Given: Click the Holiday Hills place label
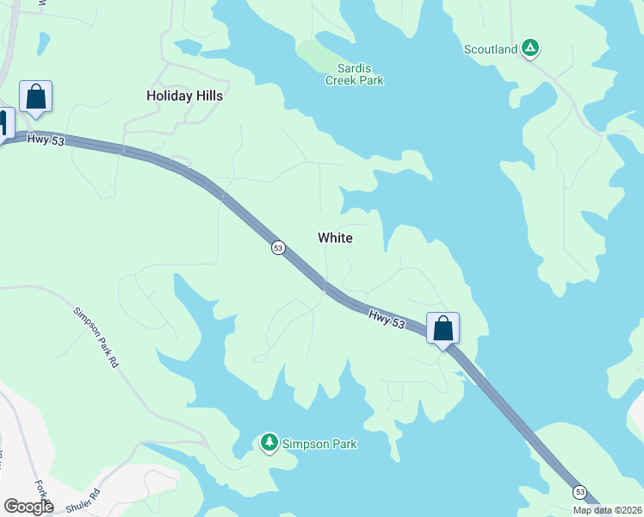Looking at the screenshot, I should pyautogui.click(x=184, y=96).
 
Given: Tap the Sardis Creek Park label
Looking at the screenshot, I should pyautogui.click(x=354, y=74).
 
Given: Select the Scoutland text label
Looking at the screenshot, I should pyautogui.click(x=491, y=49).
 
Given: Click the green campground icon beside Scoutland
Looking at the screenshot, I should pyautogui.click(x=531, y=49).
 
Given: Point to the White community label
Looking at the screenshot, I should pyautogui.click(x=335, y=238).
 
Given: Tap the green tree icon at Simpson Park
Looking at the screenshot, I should pyautogui.click(x=269, y=443).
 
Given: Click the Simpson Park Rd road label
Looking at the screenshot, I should pyautogui.click(x=95, y=338).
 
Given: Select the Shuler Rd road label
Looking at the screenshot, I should pyautogui.click(x=84, y=499).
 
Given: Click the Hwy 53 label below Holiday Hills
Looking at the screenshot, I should pyautogui.click(x=46, y=140).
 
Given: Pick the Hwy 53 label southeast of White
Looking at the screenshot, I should pyautogui.click(x=387, y=318).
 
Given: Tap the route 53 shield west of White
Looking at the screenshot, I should pyautogui.click(x=278, y=248).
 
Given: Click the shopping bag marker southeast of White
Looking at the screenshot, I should pyautogui.click(x=443, y=328).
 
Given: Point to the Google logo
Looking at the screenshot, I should pyautogui.click(x=28, y=507).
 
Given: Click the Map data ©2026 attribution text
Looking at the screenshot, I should pyautogui.click(x=607, y=510).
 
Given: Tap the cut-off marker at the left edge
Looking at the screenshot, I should pyautogui.click(x=4, y=122).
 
